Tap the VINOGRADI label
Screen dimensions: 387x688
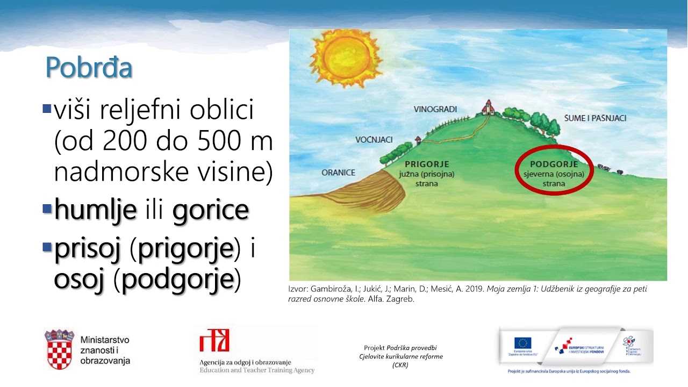[x=435, y=109]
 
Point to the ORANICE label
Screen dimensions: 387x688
[x=339, y=173]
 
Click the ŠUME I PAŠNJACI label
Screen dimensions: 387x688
[x=595, y=118]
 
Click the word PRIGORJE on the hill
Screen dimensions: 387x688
[x=427, y=164]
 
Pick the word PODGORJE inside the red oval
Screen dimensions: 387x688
[x=554, y=164]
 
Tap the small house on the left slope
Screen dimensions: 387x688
[x=418, y=141]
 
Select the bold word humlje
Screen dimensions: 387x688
[x=96, y=210]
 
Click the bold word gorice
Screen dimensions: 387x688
[x=211, y=210]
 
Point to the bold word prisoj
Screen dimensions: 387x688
[x=87, y=250]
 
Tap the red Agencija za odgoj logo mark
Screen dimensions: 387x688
[x=214, y=341]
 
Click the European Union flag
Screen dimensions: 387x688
[x=522, y=343]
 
